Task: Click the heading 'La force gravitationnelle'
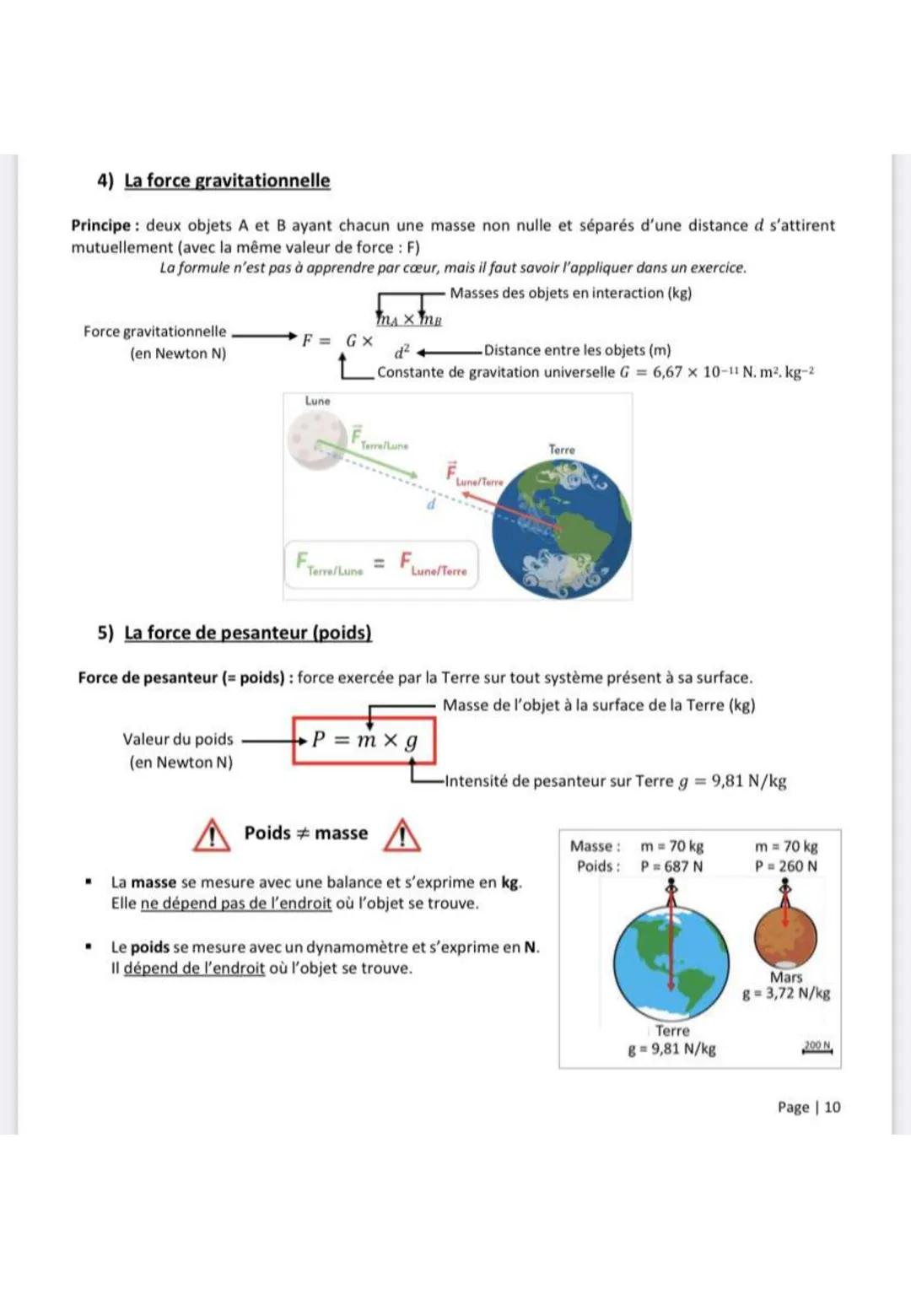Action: (227, 181)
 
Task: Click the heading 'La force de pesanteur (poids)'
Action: (247, 633)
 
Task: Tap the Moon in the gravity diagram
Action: (315, 439)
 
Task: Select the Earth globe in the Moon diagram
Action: (562, 528)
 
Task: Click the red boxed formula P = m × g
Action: (364, 740)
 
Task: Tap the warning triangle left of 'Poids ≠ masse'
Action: (212, 835)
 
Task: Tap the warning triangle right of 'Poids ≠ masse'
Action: (402, 835)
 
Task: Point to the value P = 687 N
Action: (671, 866)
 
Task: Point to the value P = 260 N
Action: (785, 866)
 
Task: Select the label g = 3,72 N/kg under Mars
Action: (786, 994)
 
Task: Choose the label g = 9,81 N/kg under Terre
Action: (671, 1049)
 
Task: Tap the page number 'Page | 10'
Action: (809, 1107)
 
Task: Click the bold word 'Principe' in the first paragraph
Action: (100, 226)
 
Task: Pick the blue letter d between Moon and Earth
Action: (430, 504)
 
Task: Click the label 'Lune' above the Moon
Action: (318, 402)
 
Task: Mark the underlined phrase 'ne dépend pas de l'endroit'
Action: (236, 903)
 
